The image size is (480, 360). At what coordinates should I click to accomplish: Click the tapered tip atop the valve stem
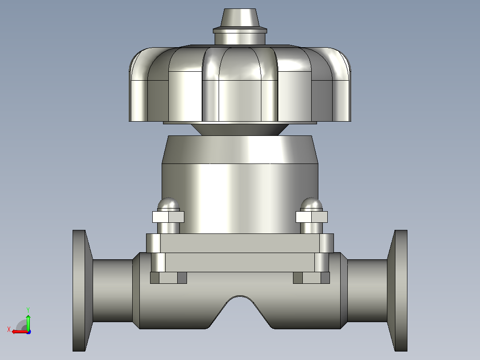[240, 18]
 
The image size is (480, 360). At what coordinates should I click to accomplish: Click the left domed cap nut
[168, 205]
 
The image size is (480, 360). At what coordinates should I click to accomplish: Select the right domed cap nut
[311, 205]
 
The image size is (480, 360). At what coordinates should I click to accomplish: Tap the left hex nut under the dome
[168, 217]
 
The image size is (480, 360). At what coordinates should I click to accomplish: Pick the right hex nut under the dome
[312, 217]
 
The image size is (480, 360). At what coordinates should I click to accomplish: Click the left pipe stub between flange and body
[113, 290]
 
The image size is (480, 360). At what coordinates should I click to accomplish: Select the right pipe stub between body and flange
[367, 290]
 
